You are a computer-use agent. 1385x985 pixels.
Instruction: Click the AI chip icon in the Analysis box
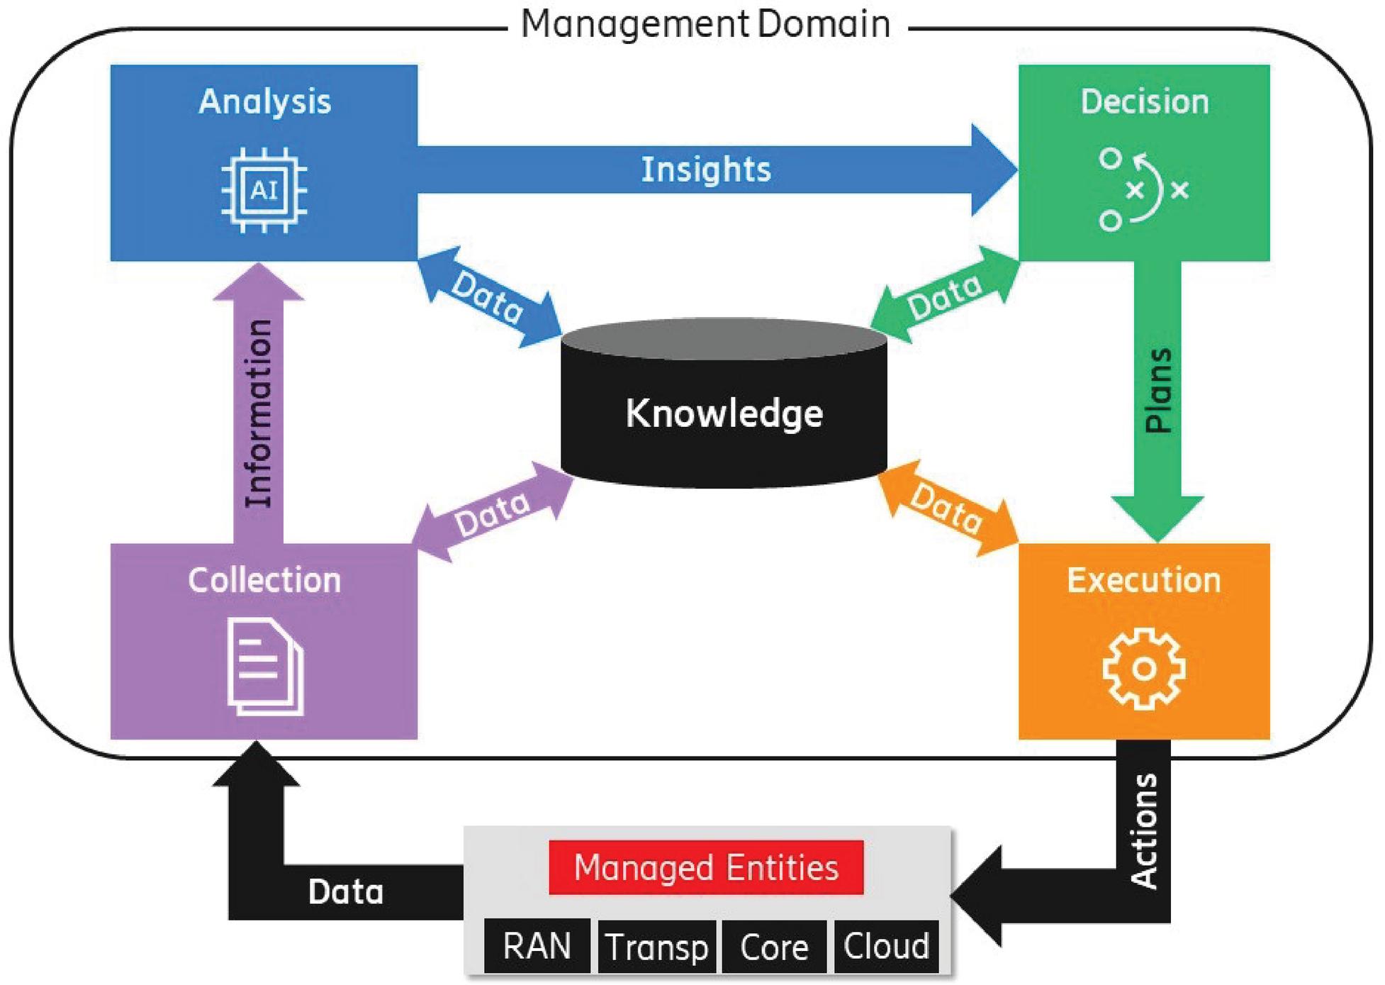264,190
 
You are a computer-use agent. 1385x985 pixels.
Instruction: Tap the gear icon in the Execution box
1143,668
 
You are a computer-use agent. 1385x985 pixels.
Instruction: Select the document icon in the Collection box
264,667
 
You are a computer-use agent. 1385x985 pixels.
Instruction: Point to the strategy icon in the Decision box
1143,189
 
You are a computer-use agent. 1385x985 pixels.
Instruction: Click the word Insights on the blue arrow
706,169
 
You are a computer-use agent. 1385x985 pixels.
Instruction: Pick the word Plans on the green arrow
1158,391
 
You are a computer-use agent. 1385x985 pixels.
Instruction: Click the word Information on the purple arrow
259,413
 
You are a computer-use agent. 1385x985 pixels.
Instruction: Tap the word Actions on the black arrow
1143,830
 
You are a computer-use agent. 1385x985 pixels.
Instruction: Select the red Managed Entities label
706,867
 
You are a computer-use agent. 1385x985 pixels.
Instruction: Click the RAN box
537,946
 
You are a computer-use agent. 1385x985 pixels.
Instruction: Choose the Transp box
656,947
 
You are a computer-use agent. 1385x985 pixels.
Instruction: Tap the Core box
774,947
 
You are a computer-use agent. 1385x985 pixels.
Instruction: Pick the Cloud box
886,946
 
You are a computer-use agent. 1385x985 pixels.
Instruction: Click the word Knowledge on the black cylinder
724,413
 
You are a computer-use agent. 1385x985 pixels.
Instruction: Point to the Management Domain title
705,23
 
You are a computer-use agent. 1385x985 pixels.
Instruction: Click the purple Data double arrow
493,512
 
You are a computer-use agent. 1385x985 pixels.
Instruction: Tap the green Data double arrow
945,295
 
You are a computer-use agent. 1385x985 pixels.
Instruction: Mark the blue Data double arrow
489,297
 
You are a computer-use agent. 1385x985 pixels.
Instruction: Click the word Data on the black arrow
345,891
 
